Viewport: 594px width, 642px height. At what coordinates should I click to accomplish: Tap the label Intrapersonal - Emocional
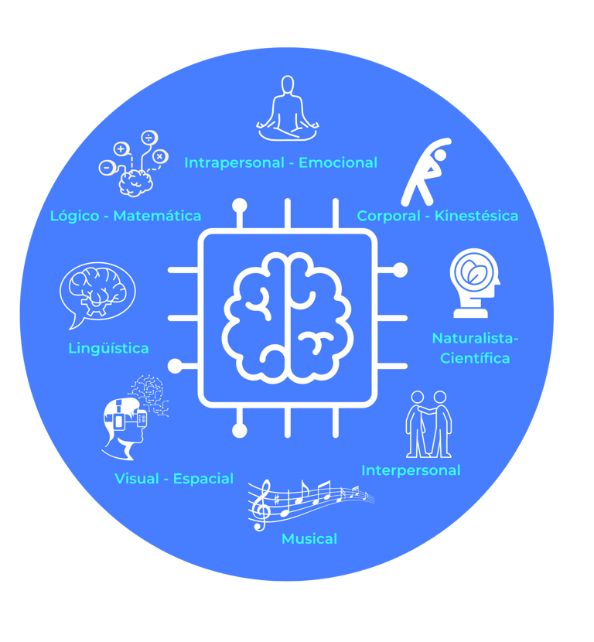pyautogui.click(x=281, y=162)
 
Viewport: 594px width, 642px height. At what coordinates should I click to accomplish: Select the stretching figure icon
pyautogui.click(x=424, y=171)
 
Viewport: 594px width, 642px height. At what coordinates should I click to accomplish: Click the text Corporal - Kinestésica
pyautogui.click(x=437, y=216)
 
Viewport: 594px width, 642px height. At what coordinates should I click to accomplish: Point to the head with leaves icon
pyautogui.click(x=473, y=282)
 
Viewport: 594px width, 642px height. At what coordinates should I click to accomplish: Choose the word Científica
pyautogui.click(x=475, y=358)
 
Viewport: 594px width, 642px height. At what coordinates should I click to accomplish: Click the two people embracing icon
pyautogui.click(x=429, y=424)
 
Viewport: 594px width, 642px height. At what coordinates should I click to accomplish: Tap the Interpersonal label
pyautogui.click(x=411, y=470)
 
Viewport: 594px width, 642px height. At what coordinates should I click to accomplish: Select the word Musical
pyautogui.click(x=309, y=538)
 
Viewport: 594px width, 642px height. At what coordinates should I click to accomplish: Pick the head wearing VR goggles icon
pyautogui.click(x=125, y=425)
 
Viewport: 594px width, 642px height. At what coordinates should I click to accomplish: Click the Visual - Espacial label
pyautogui.click(x=174, y=479)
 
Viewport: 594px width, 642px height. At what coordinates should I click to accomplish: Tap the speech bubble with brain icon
pyautogui.click(x=97, y=292)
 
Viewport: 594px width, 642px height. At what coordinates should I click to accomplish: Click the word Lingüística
pyautogui.click(x=108, y=348)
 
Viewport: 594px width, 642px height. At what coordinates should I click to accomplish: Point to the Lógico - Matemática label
pyautogui.click(x=125, y=216)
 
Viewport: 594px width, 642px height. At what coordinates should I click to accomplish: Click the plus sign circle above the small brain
pyautogui.click(x=121, y=149)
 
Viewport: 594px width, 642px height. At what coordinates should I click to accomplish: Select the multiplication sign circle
pyautogui.click(x=159, y=156)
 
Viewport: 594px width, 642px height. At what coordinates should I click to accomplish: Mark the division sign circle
pyautogui.click(x=148, y=138)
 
